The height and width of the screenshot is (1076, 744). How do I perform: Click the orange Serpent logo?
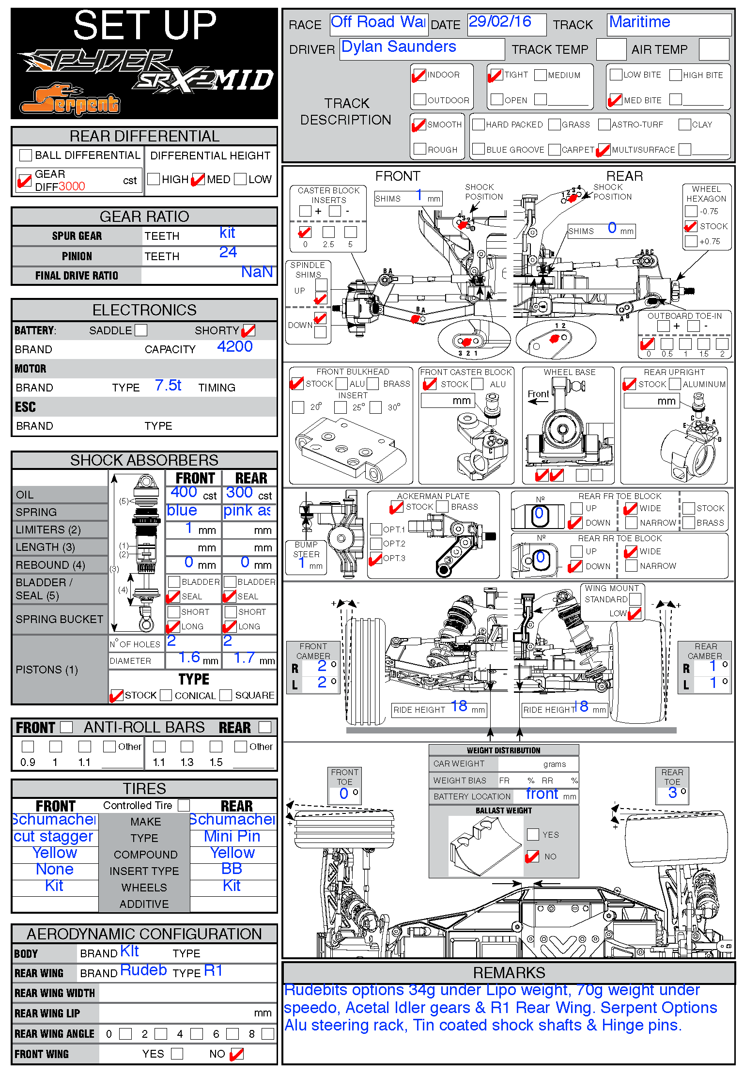tap(70, 100)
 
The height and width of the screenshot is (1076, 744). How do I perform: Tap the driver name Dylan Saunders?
tap(399, 47)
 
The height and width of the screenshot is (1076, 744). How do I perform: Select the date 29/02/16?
tap(500, 22)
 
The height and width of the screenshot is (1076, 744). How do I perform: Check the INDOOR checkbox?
tap(419, 75)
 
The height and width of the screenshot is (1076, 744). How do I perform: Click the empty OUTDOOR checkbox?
tap(420, 100)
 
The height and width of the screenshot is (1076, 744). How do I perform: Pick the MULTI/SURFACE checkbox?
tap(604, 150)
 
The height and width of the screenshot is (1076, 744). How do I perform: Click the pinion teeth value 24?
tap(228, 252)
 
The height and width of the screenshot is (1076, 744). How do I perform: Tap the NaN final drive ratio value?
tap(257, 272)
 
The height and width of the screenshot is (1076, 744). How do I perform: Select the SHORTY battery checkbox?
tap(248, 330)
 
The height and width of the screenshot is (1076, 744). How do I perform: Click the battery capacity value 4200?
tap(235, 347)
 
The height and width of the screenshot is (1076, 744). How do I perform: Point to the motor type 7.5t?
tap(168, 386)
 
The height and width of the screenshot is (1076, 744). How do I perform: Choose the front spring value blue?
tap(182, 511)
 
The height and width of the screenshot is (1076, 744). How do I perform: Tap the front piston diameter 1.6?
tap(189, 658)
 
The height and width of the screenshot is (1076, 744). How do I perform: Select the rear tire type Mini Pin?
tap(232, 836)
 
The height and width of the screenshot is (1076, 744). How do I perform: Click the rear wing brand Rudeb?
tap(143, 970)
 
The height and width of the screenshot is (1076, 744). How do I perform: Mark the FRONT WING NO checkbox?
tap(236, 1054)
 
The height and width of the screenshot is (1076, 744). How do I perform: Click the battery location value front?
tap(542, 794)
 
